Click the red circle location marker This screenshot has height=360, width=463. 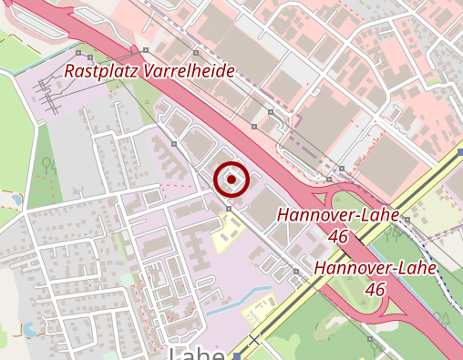pyautogui.click(x=232, y=180)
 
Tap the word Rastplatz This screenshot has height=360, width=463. pyautogui.click(x=99, y=71)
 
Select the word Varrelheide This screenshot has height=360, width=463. pyautogui.click(x=188, y=71)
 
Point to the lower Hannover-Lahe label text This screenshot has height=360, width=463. pyautogui.click(x=375, y=268)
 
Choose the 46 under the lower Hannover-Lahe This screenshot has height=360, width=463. pyautogui.click(x=374, y=288)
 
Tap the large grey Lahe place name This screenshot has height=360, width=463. pyautogui.click(x=198, y=352)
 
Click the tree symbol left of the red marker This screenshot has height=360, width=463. pyautogui.click(x=173, y=142)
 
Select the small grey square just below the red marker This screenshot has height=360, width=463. pyautogui.click(x=229, y=209)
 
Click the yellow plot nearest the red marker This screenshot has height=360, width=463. pyautogui.click(x=225, y=236)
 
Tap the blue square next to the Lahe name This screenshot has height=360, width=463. pyautogui.click(x=237, y=355)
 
